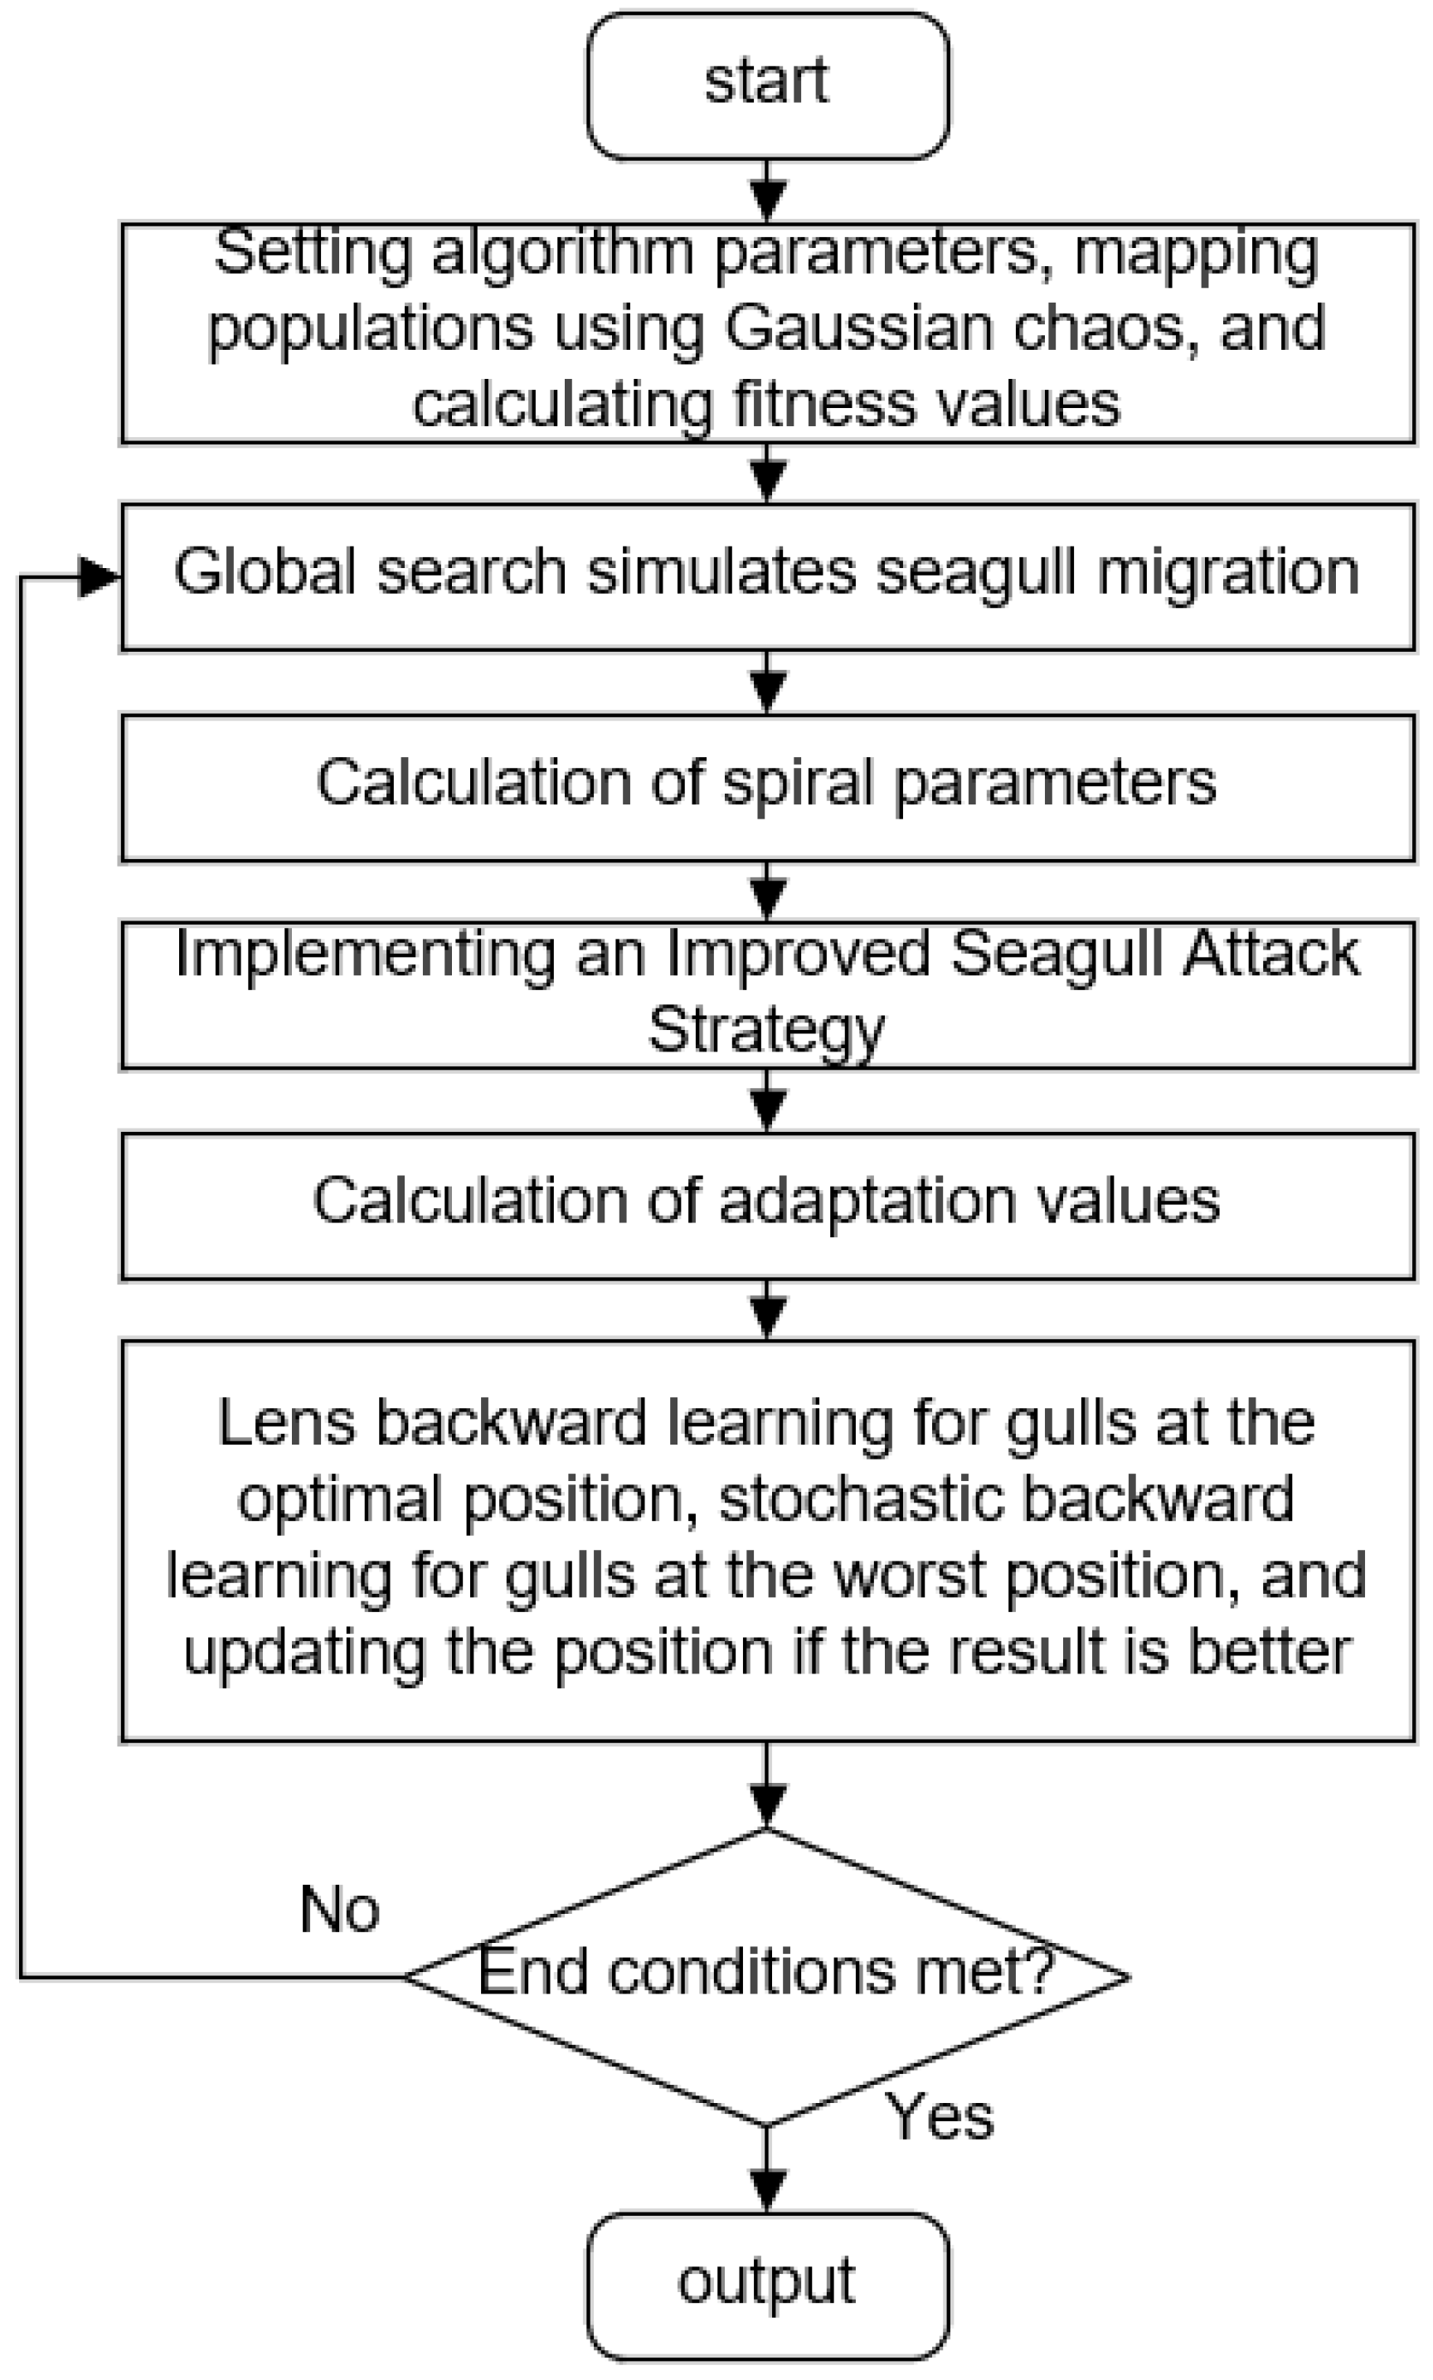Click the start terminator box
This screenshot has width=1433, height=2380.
(x=768, y=85)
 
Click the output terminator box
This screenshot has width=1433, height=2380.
(x=768, y=2286)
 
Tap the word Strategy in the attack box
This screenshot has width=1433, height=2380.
(x=765, y=1031)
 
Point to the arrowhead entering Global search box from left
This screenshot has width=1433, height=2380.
(x=99, y=577)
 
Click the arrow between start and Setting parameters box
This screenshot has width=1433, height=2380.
(x=767, y=192)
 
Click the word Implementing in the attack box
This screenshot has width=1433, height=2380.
(x=366, y=954)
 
